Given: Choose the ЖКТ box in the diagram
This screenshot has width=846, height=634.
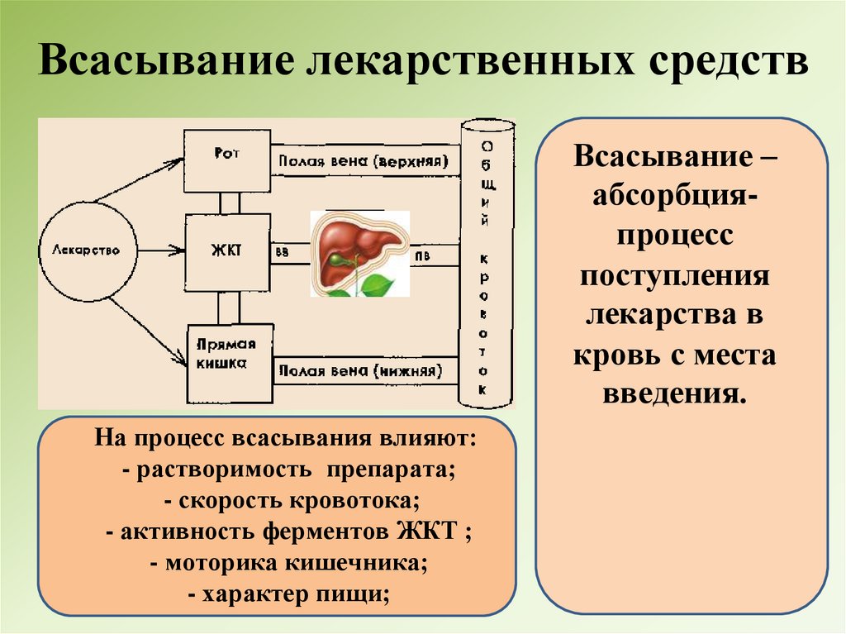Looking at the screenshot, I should (228, 250).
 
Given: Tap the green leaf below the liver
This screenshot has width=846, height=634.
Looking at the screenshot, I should (380, 286).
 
